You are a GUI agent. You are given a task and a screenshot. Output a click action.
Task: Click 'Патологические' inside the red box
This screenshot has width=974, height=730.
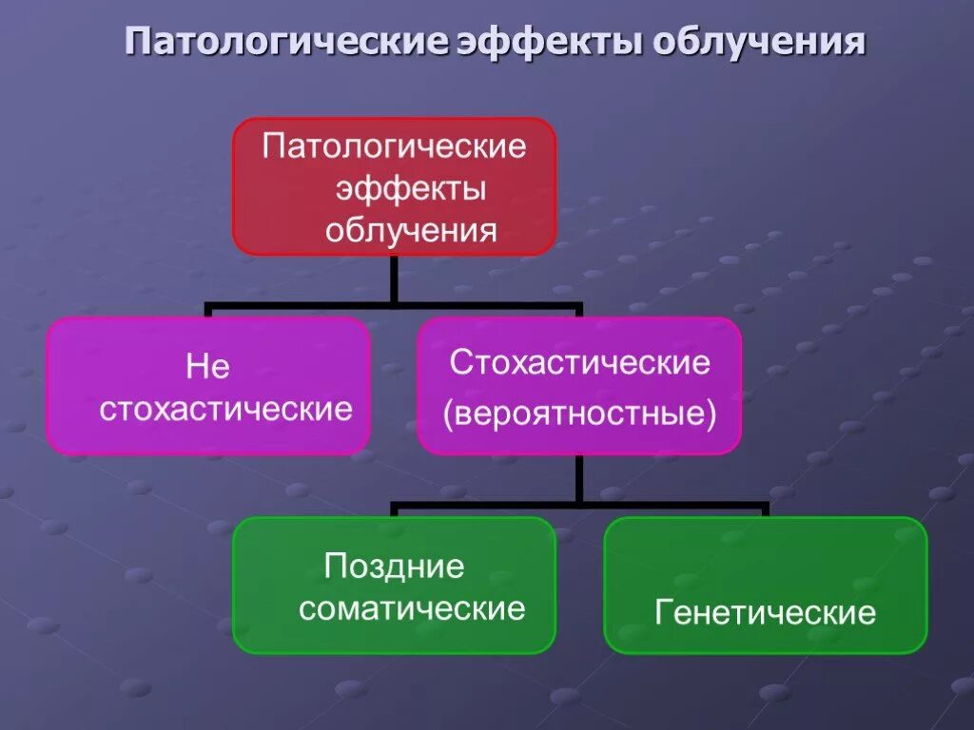tap(394, 147)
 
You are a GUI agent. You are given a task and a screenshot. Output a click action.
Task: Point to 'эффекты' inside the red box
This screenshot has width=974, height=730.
tap(411, 188)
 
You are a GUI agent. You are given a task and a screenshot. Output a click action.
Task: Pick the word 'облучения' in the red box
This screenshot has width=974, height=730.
tap(411, 230)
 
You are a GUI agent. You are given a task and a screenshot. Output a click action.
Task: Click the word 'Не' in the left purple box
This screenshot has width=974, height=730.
tap(208, 368)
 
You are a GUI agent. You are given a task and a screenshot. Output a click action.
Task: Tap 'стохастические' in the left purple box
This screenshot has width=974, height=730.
tap(226, 410)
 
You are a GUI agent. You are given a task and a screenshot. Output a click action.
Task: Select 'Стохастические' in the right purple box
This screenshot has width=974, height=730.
tap(580, 362)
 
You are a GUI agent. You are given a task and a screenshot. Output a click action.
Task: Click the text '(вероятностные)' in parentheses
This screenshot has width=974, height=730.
tap(580, 414)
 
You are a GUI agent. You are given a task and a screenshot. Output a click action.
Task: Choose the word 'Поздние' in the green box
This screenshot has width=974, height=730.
tap(394, 567)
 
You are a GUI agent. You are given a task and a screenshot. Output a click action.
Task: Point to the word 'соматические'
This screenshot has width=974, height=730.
tap(412, 608)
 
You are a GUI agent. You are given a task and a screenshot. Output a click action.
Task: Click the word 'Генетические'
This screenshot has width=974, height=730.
tap(766, 612)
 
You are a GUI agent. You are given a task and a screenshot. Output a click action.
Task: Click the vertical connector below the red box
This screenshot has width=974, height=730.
tap(394, 279)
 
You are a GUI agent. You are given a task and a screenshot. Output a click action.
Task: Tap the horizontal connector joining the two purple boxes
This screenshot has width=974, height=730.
tap(394, 307)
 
